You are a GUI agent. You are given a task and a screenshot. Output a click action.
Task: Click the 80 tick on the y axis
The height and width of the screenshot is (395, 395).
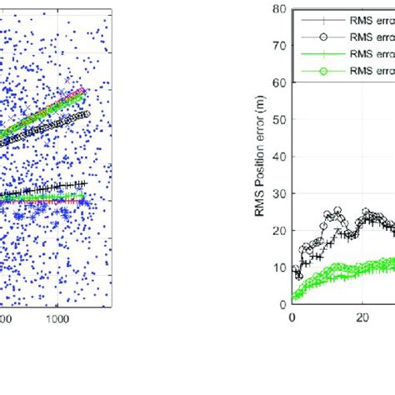tap(282, 10)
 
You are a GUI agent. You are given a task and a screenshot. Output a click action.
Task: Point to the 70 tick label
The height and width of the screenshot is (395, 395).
tap(282, 46)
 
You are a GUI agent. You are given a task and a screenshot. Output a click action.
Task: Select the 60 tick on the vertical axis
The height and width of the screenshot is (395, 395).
tap(282, 82)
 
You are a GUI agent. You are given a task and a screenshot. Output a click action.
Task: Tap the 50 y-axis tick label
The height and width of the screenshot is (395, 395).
tap(282, 119)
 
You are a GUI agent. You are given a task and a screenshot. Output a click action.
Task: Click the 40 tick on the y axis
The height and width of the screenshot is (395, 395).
tap(282, 156)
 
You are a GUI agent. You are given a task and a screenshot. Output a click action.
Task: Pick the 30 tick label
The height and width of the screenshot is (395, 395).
tap(282, 192)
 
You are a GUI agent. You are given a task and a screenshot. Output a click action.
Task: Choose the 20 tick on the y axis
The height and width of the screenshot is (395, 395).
tap(282, 229)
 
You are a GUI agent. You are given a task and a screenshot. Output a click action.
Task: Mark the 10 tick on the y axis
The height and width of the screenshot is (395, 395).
tap(282, 266)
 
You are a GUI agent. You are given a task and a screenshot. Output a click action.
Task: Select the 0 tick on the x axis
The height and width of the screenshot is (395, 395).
tap(292, 317)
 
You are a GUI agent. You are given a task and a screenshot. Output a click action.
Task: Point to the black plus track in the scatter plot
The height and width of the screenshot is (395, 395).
tap(50, 188)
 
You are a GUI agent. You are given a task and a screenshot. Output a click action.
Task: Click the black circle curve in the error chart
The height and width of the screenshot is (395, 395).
tap(337, 212)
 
